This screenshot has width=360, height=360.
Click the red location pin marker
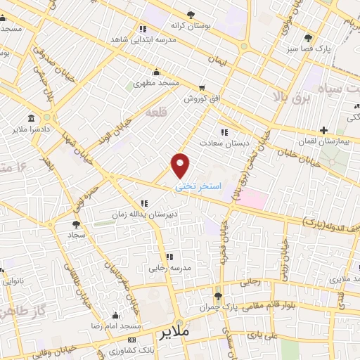181,165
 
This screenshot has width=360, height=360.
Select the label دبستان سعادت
227,143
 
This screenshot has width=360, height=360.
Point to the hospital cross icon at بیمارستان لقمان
323,130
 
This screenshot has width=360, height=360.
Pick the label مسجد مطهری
157,83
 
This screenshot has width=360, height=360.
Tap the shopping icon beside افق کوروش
202,88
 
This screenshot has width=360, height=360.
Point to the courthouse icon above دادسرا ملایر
30,118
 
